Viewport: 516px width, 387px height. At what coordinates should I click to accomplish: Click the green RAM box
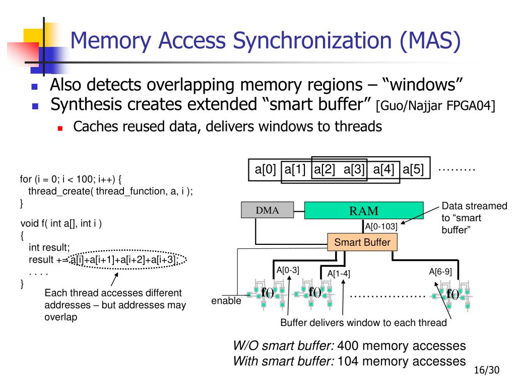[364, 210]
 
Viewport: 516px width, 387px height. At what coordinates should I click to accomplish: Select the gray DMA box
[267, 210]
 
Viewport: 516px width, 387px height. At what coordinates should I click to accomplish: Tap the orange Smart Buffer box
[362, 242]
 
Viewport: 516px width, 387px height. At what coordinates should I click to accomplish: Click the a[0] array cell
[265, 169]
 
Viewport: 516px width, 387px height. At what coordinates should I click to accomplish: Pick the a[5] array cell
[416, 169]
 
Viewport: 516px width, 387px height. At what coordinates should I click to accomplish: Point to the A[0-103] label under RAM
[381, 227]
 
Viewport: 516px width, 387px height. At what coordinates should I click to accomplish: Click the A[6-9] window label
[440, 272]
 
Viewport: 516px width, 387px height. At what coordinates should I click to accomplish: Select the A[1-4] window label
[339, 274]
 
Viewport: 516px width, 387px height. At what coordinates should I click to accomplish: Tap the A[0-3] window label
[288, 270]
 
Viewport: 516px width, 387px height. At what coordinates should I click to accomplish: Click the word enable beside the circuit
[226, 301]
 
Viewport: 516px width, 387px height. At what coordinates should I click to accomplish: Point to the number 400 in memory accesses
[347, 346]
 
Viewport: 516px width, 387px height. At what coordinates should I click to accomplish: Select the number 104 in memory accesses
[347, 361]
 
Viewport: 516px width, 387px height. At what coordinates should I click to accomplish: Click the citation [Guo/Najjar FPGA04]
[435, 106]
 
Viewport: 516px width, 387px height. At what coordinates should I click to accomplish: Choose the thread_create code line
[111, 191]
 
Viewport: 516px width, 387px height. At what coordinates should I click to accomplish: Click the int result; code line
[49, 247]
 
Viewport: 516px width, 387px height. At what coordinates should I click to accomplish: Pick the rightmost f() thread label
[453, 294]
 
